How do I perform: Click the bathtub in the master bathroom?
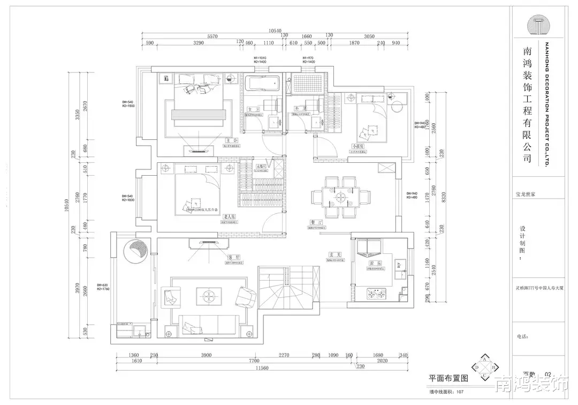point(262,84)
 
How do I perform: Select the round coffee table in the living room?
point(208,293)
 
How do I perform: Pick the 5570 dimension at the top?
point(213,36)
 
